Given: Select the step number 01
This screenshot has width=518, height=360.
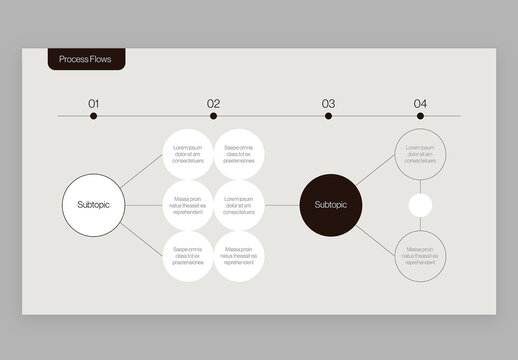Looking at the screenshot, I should click(94, 103).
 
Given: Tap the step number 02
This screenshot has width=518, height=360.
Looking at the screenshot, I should click(213, 103).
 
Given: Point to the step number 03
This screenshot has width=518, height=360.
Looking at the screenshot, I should click(328, 103).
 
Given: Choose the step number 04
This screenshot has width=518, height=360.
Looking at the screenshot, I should click(420, 103).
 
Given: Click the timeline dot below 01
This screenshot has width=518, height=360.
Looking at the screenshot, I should click(94, 116).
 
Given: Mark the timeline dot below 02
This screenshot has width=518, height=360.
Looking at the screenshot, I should click(213, 116).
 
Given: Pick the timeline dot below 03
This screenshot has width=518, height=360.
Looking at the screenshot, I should click(328, 116).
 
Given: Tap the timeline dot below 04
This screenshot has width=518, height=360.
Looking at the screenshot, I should click(420, 116).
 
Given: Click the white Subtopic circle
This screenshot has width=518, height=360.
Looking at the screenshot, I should click(93, 205).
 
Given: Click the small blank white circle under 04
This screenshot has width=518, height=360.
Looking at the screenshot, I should click(420, 205).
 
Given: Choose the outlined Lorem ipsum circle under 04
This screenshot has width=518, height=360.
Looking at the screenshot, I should click(420, 154).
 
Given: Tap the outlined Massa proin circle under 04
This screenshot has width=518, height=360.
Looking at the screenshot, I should click(420, 256).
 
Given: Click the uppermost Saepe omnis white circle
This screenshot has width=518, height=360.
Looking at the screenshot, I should click(239, 154).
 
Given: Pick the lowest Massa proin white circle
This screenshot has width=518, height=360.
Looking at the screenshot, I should click(239, 256).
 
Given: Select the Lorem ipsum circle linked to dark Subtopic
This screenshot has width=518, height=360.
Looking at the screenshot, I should click(239, 205).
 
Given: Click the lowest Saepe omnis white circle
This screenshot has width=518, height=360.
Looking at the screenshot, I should click(188, 256).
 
